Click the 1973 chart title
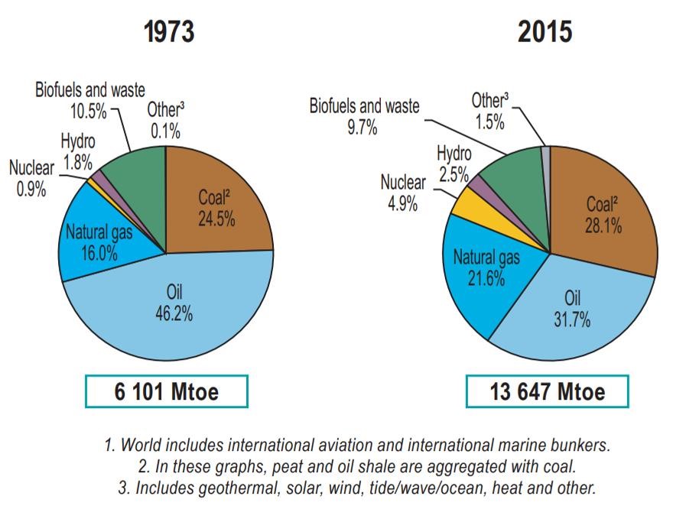(x=170, y=31)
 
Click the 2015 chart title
(x=545, y=31)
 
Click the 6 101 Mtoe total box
(x=166, y=392)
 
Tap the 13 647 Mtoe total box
(x=547, y=392)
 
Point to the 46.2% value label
(x=174, y=313)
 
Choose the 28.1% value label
(x=603, y=226)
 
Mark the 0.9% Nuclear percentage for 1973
(x=31, y=188)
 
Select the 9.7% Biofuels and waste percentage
(x=363, y=127)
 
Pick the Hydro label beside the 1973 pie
(x=78, y=142)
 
